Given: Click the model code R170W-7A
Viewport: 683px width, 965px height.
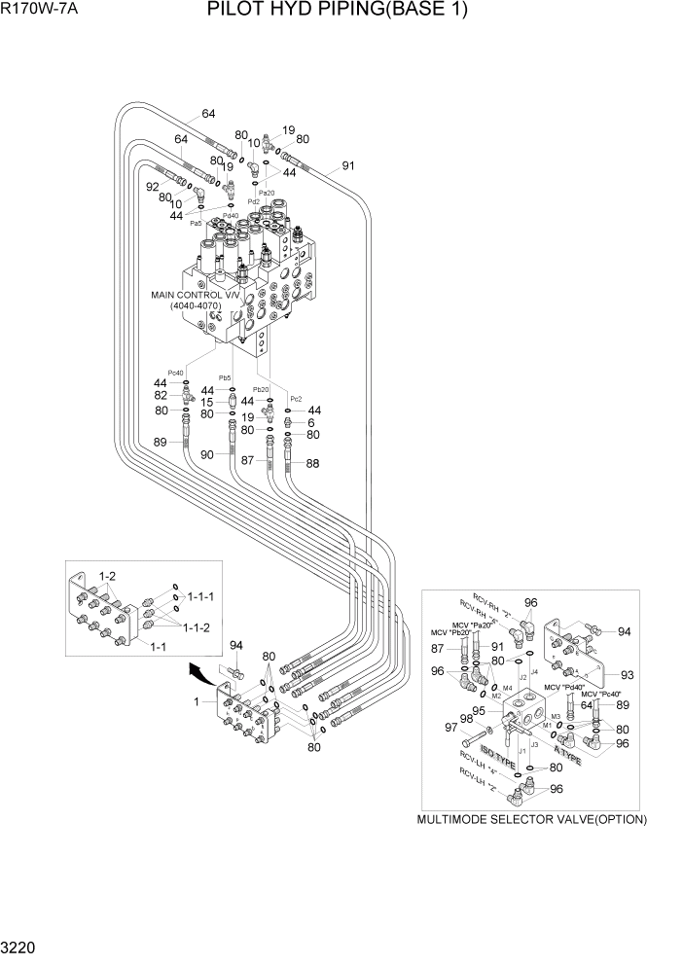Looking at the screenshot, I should coord(44,13).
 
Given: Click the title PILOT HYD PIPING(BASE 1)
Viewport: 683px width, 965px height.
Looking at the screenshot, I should coord(338,13).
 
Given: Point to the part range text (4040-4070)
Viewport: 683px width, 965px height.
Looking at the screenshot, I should coord(197,306).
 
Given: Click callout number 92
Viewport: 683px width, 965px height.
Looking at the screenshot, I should coord(152,187).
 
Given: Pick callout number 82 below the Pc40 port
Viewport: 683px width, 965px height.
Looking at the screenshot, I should coord(161,396).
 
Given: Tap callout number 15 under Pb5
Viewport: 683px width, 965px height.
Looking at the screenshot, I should coord(207,402).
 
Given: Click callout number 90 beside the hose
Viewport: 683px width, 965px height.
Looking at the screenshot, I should coord(207,454).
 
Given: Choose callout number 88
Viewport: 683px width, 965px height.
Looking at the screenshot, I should coord(312,463).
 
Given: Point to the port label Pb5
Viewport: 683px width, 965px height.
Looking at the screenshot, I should coord(225,377).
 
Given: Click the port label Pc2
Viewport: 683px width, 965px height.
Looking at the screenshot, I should coord(296,399).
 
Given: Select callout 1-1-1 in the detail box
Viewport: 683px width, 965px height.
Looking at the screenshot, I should coord(201,595).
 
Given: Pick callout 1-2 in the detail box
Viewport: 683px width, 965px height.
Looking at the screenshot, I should coord(107,577).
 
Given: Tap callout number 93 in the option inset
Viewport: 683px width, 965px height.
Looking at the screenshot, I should coord(627,675).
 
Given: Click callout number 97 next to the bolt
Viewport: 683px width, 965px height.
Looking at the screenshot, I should coord(450,728).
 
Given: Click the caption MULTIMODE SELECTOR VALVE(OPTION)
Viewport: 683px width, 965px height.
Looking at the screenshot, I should coord(531,819).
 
